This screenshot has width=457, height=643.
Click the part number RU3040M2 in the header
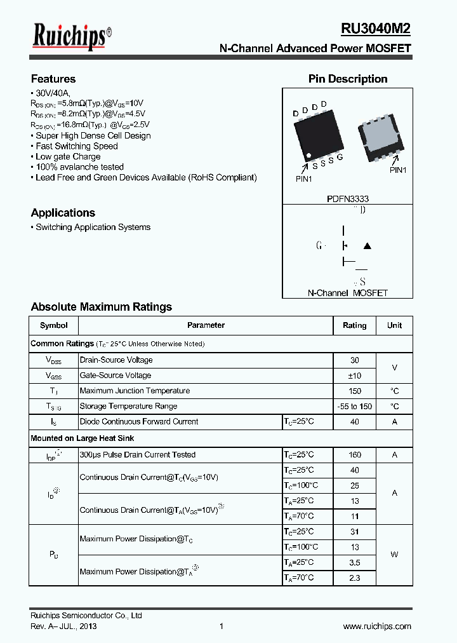(x=376, y=29)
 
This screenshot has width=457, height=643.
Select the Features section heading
(x=53, y=79)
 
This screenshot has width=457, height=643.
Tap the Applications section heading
(x=63, y=213)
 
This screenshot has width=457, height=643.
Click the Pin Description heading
(x=348, y=79)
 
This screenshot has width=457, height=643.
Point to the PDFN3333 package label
(x=348, y=198)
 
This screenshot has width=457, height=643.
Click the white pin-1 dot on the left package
(x=308, y=156)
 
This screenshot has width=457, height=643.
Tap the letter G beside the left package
(x=340, y=157)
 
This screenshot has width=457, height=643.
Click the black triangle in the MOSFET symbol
(x=367, y=246)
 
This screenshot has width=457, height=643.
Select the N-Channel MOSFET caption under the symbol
(x=347, y=293)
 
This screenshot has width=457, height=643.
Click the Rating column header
(x=354, y=325)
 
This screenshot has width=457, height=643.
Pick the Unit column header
(x=394, y=325)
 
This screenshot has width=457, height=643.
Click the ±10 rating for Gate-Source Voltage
(x=354, y=376)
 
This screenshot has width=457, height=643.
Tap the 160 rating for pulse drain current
(x=354, y=455)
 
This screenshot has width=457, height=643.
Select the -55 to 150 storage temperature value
(x=354, y=407)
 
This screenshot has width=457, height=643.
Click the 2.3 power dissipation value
(x=354, y=578)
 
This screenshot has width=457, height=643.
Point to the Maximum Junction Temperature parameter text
(x=135, y=391)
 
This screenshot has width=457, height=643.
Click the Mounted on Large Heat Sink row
(x=83, y=438)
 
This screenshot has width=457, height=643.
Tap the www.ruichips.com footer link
(x=377, y=626)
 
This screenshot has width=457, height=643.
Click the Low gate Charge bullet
(x=68, y=156)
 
